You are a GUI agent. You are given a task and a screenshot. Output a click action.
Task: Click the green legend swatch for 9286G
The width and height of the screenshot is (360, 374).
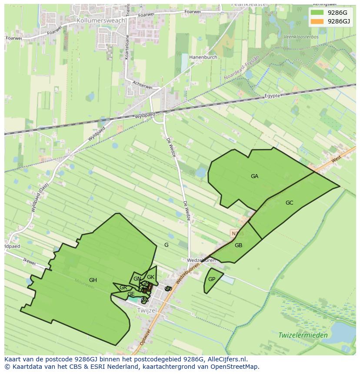click(317, 13)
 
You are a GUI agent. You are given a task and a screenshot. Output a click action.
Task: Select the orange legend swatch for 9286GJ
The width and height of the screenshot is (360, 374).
click(317, 21)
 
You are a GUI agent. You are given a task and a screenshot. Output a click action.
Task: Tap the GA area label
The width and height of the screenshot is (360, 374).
click(254, 176)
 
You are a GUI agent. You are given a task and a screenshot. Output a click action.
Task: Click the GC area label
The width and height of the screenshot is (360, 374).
click(290, 203)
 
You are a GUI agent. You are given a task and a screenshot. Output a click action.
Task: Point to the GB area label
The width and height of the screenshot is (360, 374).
click(238, 245)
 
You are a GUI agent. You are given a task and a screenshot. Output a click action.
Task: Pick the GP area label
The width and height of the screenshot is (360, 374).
click(212, 279)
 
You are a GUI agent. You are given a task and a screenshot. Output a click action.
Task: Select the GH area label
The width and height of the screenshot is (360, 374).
click(93, 280)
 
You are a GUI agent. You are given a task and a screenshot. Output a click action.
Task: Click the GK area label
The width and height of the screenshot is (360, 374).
click(150, 277)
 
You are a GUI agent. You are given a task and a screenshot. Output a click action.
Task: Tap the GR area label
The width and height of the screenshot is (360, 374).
click(123, 288)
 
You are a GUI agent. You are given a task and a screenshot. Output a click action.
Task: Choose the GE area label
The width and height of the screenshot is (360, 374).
click(131, 294)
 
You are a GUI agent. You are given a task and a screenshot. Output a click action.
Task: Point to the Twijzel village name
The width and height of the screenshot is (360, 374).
click(147, 311)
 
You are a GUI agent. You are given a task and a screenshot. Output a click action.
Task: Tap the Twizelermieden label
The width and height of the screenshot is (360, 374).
click(303, 335)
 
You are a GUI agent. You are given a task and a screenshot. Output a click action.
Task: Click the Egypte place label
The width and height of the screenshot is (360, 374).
click(273, 96)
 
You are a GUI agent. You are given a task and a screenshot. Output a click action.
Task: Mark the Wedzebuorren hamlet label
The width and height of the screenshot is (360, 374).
click(201, 261)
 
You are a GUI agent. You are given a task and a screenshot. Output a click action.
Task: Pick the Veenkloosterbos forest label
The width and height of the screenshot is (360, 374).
click(301, 37)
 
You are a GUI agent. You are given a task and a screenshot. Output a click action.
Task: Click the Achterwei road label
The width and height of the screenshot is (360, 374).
click(143, 85)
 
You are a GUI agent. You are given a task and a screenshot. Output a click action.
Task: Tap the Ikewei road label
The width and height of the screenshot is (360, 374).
click(29, 262)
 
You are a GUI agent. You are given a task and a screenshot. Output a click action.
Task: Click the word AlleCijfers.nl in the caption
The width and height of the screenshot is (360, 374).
click(227, 359)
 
